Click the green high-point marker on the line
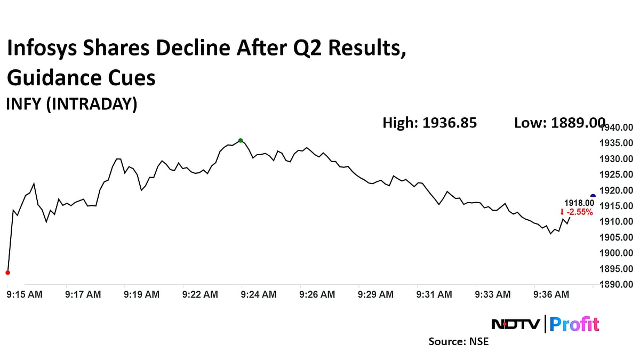[x=241, y=140]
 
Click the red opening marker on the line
[x=7, y=273]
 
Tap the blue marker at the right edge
[x=593, y=196]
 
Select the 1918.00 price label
[x=579, y=203]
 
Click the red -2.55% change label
[x=577, y=212]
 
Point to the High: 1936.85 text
[x=429, y=123]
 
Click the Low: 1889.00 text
[x=559, y=123]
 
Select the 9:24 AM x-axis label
[x=259, y=294]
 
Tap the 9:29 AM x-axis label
[x=375, y=294]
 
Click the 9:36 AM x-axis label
[x=551, y=294]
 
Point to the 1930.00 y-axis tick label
[x=616, y=159]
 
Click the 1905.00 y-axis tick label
[x=616, y=237]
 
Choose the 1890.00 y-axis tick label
[x=616, y=284]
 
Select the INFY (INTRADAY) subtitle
[x=71, y=103]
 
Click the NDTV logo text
[x=515, y=324]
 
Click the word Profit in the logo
[x=574, y=324]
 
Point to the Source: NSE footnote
[x=458, y=341]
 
